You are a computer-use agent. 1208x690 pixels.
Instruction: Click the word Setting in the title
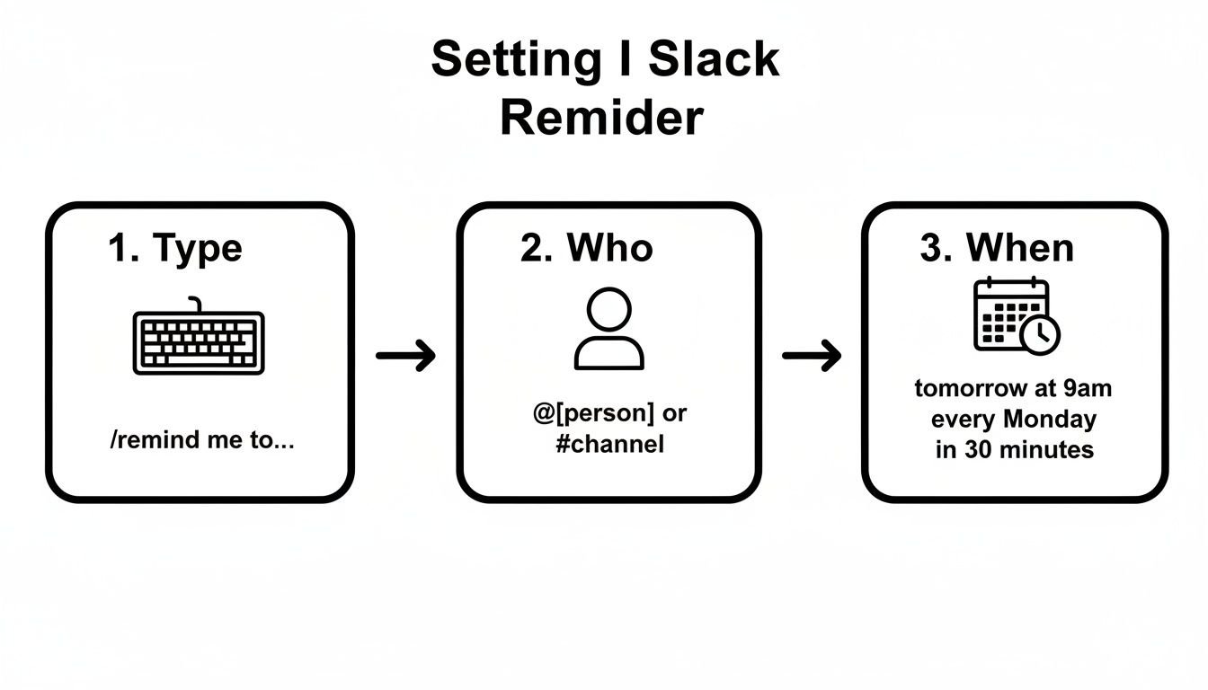pos(515,61)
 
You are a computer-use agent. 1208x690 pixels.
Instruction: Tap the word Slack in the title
pos(714,59)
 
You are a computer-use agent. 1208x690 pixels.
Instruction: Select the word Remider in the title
pos(601,119)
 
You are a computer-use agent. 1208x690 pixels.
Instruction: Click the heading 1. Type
pos(175,247)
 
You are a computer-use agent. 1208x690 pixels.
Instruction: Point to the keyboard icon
pos(199,342)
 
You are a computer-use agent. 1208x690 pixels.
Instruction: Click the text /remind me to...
pos(200,441)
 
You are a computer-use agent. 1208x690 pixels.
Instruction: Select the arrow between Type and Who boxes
pos(405,356)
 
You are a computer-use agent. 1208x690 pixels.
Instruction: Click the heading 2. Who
pos(586,247)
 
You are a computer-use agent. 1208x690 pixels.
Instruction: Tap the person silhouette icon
pos(608,329)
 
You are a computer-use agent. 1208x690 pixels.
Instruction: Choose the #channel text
pos(609,444)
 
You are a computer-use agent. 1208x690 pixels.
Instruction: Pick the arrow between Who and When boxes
pos(812,356)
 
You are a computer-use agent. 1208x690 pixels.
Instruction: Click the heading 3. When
pos(997,247)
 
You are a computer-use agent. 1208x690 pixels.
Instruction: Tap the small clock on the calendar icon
pos(1041,334)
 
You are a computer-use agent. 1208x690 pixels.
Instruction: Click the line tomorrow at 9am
pos(1013,389)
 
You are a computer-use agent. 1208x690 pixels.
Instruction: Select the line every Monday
pos(1014,419)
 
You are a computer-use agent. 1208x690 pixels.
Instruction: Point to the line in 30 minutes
pos(1014,449)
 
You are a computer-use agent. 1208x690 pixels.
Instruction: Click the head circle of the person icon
pos(608,308)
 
